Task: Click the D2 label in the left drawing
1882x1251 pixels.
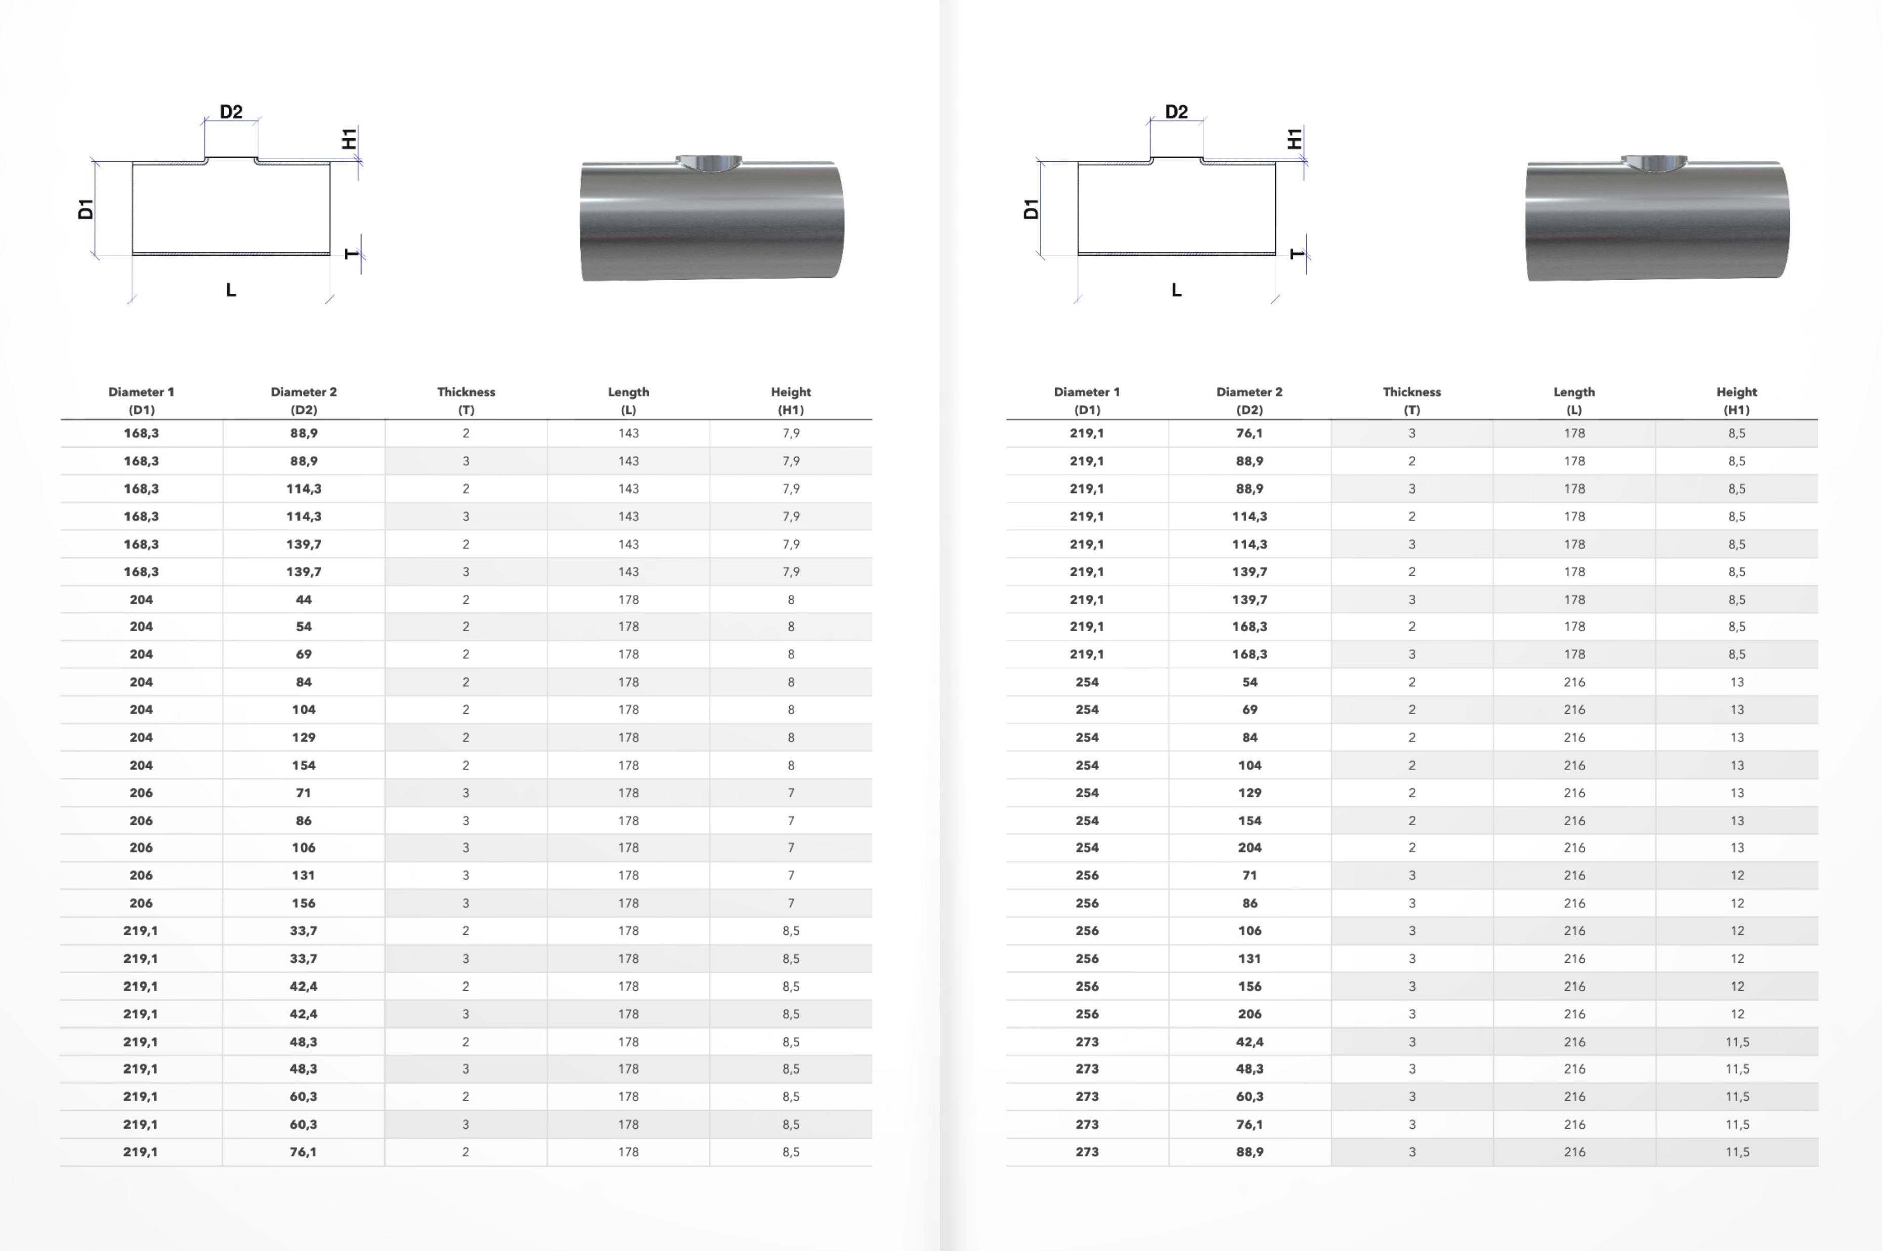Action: click(231, 112)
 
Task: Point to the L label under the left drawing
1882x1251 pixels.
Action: click(231, 290)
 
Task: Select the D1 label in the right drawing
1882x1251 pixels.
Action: click(1031, 209)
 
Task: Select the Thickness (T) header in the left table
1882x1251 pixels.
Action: click(466, 400)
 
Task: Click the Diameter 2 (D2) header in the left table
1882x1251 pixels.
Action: click(303, 400)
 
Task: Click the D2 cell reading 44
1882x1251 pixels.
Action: click(303, 599)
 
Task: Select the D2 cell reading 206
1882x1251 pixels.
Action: click(1249, 1014)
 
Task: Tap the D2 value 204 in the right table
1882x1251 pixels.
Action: click(1249, 847)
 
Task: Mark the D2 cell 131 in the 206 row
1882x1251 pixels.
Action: click(303, 875)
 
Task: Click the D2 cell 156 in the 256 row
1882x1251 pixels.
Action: click(1249, 986)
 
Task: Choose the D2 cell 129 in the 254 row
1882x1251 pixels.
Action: click(1249, 793)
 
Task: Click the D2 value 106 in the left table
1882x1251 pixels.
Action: click(303, 847)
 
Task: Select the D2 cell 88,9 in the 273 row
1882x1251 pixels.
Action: click(1249, 1152)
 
